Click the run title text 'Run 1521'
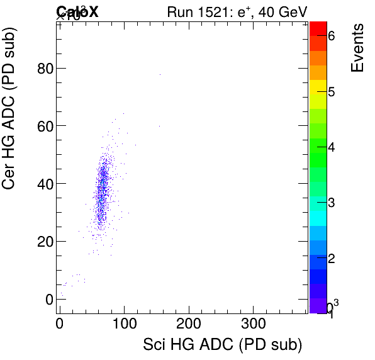pos(195,12)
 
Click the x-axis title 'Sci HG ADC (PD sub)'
pos(223,345)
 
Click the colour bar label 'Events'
pos(357,48)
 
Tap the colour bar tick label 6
pos(331,37)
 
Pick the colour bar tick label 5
pos(331,92)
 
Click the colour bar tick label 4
pos(331,147)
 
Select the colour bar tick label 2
pos(331,259)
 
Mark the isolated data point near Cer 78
pos(160,74)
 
